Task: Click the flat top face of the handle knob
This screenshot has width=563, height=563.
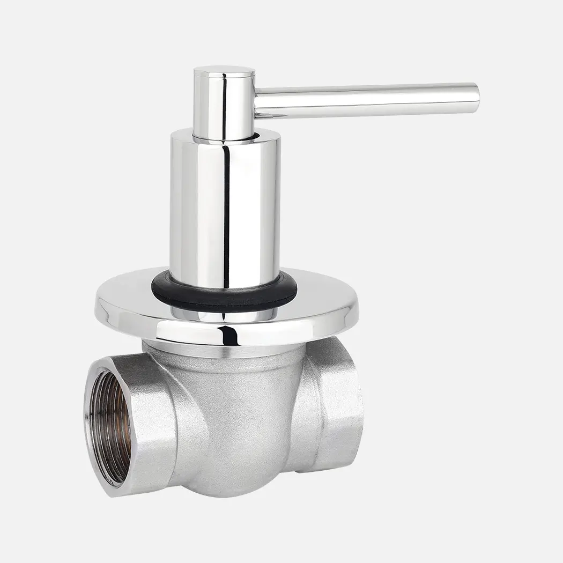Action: click(224, 71)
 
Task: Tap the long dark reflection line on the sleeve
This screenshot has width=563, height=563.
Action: click(226, 214)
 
